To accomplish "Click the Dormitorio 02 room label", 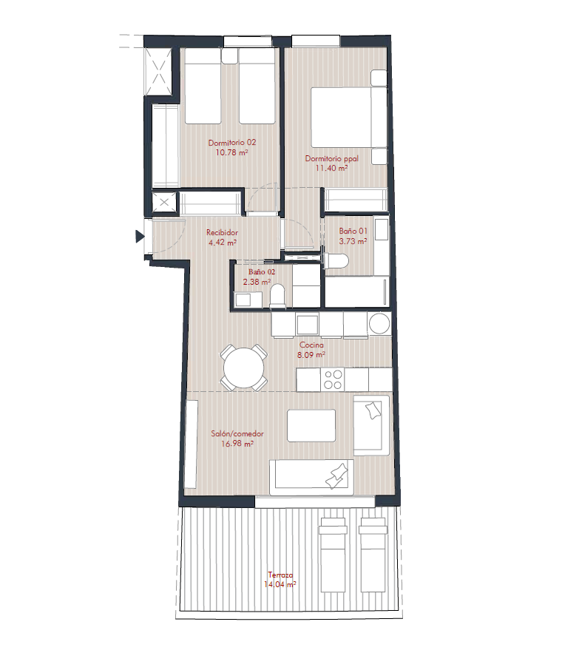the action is [x=232, y=143].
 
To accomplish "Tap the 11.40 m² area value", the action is [x=331, y=169].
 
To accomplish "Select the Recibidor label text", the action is [x=222, y=232].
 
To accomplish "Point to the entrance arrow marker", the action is [x=140, y=237].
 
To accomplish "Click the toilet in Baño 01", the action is [x=336, y=262].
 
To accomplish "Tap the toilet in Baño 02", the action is [x=277, y=295].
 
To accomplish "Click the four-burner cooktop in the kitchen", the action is [x=333, y=379].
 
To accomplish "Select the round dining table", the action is [x=243, y=368].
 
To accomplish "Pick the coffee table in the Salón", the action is [x=311, y=426].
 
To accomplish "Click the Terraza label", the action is [x=280, y=575].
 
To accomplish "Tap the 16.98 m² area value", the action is [x=237, y=444].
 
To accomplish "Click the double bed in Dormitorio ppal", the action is [x=349, y=117].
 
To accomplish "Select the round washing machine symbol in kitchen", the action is [x=379, y=323].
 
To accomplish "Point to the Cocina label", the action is [x=311, y=345].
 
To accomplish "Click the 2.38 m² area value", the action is [x=257, y=282].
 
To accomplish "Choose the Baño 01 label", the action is [x=353, y=231].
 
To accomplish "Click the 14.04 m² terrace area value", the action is [x=280, y=585].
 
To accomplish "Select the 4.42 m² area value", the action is [x=223, y=243].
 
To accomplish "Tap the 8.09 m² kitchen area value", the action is [x=311, y=355].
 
